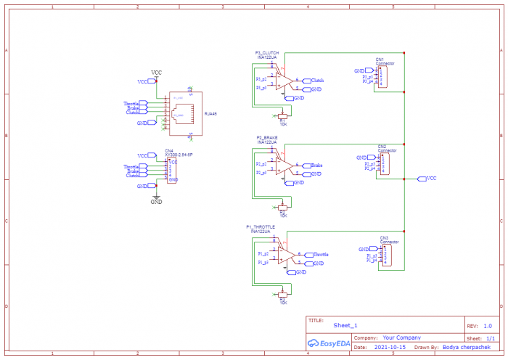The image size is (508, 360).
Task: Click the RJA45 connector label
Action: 210,114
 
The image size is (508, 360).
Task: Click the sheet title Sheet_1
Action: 345,326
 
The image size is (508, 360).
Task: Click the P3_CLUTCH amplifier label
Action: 267,52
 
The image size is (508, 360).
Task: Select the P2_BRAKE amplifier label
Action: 267,157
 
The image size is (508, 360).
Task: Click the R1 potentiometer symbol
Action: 282,115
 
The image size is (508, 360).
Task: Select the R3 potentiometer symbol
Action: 282,294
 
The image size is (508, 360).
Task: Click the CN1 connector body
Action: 382,76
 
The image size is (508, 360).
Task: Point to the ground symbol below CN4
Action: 156,197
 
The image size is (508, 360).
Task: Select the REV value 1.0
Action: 487,326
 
